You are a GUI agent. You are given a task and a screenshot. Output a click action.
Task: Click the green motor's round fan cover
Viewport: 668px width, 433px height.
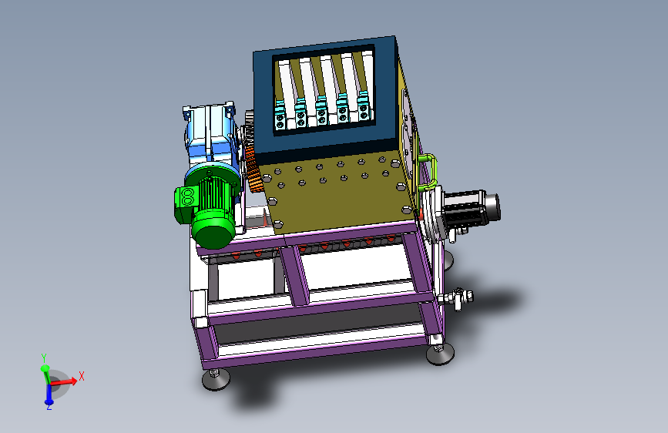(213, 230)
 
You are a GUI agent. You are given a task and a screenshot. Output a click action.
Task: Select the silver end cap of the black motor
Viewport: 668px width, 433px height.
(492, 207)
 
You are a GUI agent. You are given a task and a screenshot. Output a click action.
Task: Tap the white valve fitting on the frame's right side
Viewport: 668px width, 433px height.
(456, 297)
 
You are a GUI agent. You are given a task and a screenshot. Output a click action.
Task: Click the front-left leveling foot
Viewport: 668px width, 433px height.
(216, 379)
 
